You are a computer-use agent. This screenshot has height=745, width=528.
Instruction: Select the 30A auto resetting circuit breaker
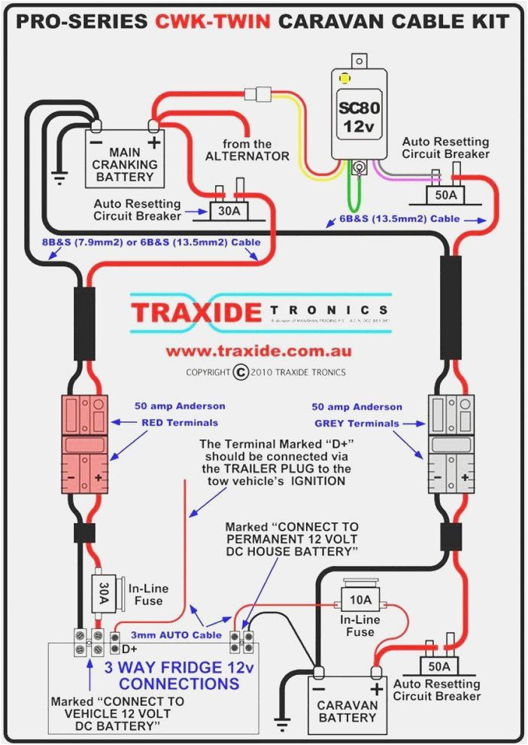tap(229, 211)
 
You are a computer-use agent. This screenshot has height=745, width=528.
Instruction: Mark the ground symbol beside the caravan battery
tap(283, 725)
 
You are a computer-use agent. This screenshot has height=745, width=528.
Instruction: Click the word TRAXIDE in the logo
tap(196, 312)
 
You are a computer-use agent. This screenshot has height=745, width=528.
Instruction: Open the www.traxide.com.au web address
tap(258, 351)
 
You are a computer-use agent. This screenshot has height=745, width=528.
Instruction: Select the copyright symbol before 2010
tap(241, 372)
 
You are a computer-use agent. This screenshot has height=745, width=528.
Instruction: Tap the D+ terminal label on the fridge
tap(129, 648)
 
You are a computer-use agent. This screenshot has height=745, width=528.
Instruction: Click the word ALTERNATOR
tap(247, 156)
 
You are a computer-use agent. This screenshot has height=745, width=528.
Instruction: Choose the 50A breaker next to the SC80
tap(446, 195)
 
